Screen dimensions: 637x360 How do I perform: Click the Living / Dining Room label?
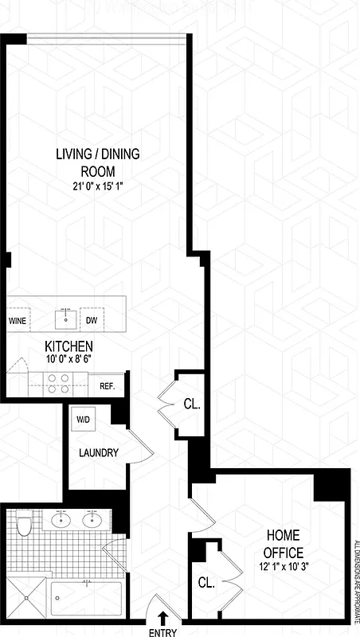pyautogui.click(x=97, y=162)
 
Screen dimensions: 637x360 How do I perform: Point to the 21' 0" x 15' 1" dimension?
pyautogui.click(x=97, y=187)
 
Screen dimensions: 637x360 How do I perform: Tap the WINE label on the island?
pyautogui.click(x=17, y=320)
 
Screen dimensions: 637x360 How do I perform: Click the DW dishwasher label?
pyautogui.click(x=92, y=320)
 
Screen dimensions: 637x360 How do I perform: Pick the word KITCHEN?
pyautogui.click(x=68, y=347)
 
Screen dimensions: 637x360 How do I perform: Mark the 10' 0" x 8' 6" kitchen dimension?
pyautogui.click(x=68, y=360)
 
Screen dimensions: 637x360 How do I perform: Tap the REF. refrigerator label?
pyautogui.click(x=108, y=386)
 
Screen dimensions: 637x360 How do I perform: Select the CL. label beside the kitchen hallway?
pyautogui.click(x=192, y=404)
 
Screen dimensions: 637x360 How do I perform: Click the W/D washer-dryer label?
pyautogui.click(x=83, y=419)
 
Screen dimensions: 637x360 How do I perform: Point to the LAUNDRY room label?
pyautogui.click(x=99, y=453)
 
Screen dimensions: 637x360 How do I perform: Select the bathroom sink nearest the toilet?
pyautogui.click(x=61, y=522)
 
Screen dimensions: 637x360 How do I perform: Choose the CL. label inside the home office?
pyautogui.click(x=206, y=583)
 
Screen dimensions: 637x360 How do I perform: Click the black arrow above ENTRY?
pyautogui.click(x=163, y=616)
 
